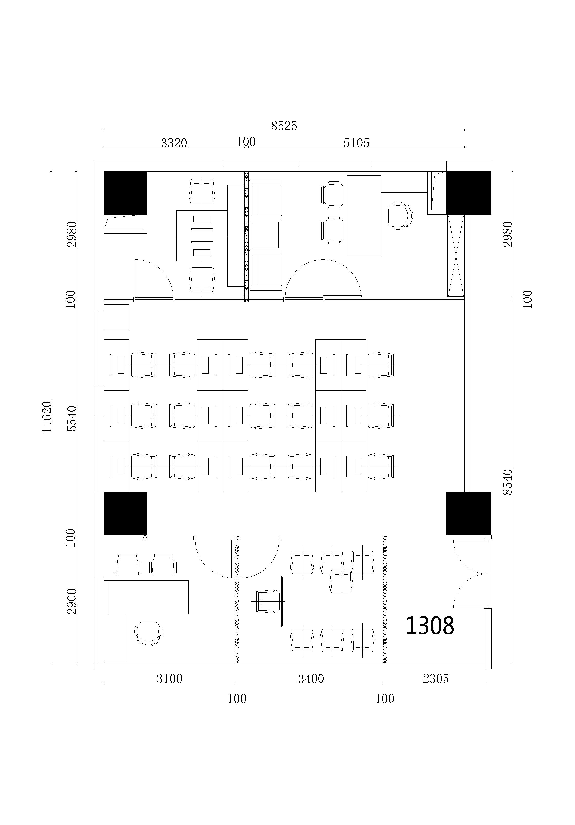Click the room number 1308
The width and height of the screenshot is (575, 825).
tap(430, 626)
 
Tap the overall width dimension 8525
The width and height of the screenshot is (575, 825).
tap(284, 126)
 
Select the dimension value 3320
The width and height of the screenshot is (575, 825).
tap(174, 143)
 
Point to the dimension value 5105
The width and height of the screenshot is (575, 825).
tap(356, 143)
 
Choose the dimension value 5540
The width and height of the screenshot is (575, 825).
tap(72, 418)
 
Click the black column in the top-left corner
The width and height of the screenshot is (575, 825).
tap(125, 193)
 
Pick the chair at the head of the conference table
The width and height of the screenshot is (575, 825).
tap(268, 601)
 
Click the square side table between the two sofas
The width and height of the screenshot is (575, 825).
tap(265, 235)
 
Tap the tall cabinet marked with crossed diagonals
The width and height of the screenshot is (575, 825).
tap(456, 256)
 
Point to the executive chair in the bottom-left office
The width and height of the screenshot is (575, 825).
tap(148, 634)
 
